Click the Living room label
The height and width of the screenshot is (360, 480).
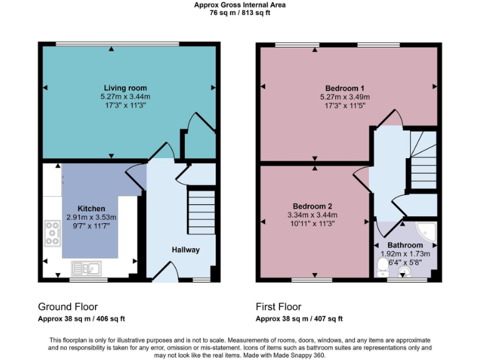coord(126,88)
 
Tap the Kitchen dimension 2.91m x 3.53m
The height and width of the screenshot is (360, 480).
coord(91,217)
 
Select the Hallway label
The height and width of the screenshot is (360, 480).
coord(186,250)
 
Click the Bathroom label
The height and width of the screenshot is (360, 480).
coord(404,246)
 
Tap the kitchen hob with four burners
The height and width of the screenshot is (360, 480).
coord(51,233)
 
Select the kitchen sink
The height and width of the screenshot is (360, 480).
coord(86,269)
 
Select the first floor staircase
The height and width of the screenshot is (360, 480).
coord(423,159)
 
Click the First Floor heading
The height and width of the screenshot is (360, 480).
coord(278,307)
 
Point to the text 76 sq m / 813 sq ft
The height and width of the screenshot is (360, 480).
coord(239,12)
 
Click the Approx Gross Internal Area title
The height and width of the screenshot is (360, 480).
coord(239,4)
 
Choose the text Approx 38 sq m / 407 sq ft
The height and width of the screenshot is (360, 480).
coord(299,319)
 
